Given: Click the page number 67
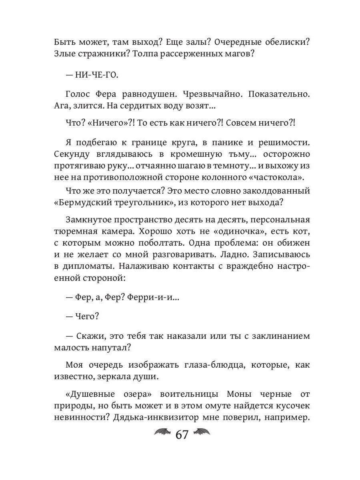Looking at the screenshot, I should tap(182, 434).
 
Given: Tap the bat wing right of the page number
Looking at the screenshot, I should tap(202, 432).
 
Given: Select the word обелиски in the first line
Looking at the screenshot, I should tap(278, 42).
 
